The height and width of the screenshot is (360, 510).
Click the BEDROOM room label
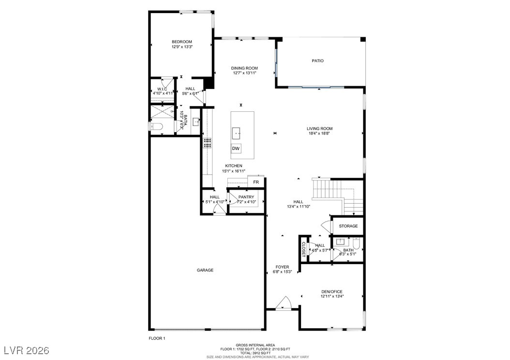tap(182, 42)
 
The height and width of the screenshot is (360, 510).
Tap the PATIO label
tap(317, 61)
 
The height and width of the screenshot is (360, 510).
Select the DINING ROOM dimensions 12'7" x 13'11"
tap(244, 73)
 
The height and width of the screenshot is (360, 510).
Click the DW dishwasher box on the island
tap(236, 149)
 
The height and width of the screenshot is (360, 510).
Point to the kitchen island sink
tap(237, 132)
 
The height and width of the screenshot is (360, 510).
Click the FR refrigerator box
tap(256, 182)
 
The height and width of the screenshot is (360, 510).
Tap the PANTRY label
tap(246, 197)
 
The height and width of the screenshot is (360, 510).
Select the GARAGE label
tap(205, 270)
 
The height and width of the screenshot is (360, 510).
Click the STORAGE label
tap(348, 226)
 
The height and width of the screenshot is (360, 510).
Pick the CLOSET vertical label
tap(304, 250)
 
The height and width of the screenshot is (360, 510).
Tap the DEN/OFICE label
tap(331, 292)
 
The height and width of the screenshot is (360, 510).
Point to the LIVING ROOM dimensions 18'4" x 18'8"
tap(319, 134)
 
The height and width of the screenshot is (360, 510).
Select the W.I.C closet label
tap(162, 89)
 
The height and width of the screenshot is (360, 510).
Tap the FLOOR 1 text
tap(157, 338)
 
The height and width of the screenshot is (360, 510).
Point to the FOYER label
tap(282, 267)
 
